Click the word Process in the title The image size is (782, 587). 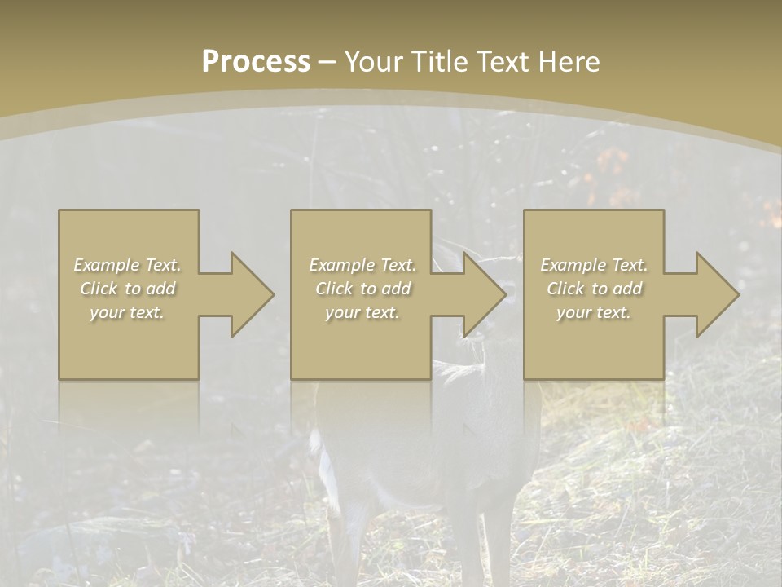(x=256, y=61)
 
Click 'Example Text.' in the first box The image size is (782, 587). (x=128, y=265)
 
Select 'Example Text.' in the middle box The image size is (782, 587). (x=362, y=265)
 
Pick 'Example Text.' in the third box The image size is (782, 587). (x=594, y=265)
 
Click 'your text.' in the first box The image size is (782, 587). (x=128, y=312)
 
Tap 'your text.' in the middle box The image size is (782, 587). (x=362, y=312)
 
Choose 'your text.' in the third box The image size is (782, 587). (x=594, y=312)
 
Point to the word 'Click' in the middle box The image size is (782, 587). (x=334, y=289)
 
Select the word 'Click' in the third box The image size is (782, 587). (x=565, y=289)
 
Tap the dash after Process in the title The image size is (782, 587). (x=327, y=61)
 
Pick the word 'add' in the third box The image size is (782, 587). (x=627, y=289)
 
